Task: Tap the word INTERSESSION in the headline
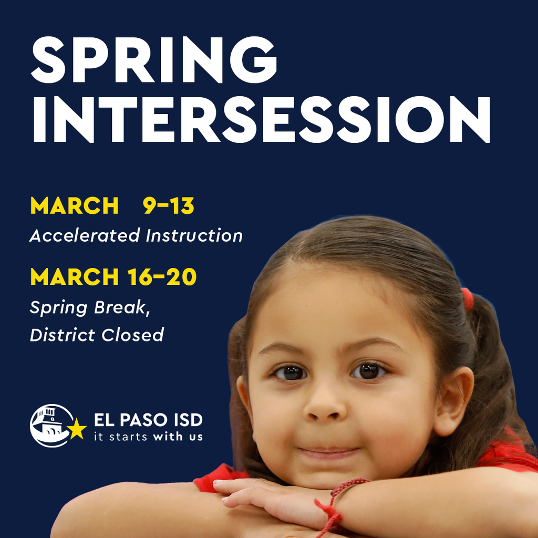click(261, 119)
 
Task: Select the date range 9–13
click(169, 206)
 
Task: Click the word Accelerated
click(85, 235)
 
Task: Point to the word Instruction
click(194, 235)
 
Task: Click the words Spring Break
click(89, 308)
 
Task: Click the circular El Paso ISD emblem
click(50, 426)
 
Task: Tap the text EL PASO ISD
click(148, 420)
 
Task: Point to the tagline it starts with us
click(148, 437)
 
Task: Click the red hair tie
click(467, 298)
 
